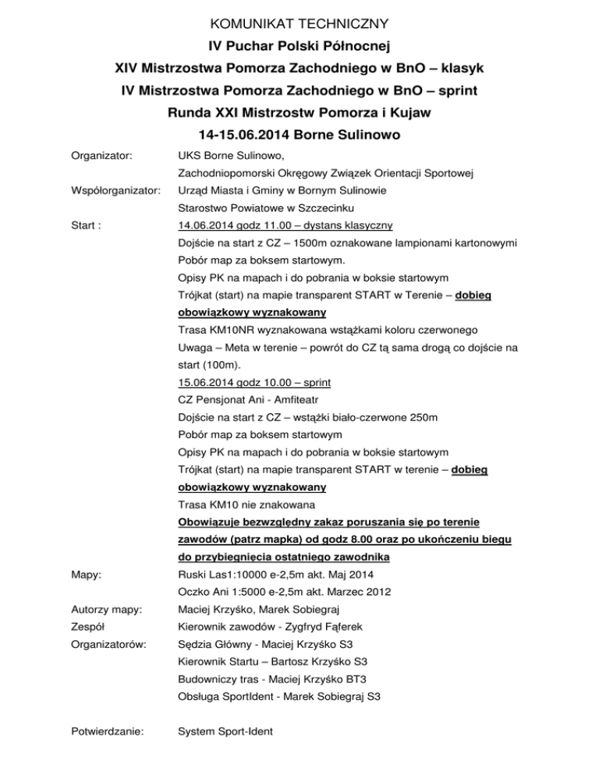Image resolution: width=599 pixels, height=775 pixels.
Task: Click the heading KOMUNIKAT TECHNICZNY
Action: coord(299,24)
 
